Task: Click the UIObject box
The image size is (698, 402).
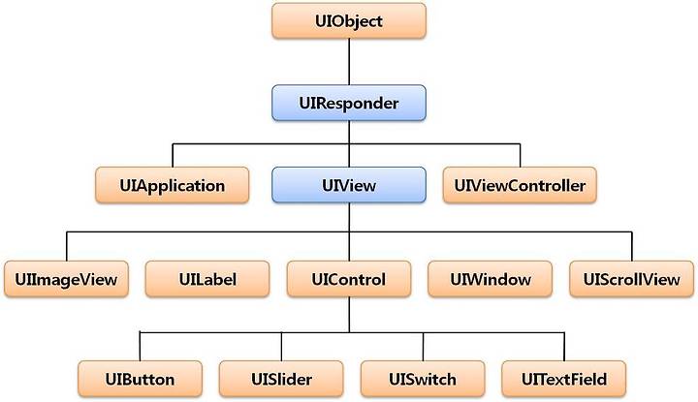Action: (349, 21)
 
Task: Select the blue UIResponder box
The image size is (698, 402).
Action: (349, 104)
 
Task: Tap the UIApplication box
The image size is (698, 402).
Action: (173, 185)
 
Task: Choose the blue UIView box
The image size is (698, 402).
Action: (349, 185)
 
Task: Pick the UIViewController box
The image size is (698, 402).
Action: (520, 185)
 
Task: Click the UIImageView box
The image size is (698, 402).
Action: (66, 279)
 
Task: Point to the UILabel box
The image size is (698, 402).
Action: (207, 279)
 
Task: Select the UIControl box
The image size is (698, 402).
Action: (349, 279)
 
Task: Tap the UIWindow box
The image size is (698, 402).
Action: (491, 279)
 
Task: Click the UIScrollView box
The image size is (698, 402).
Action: (632, 279)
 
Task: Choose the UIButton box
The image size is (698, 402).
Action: (140, 380)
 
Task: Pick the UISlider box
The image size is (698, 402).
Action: (281, 380)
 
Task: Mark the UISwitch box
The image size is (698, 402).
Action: (423, 380)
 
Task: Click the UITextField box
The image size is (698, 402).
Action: (564, 380)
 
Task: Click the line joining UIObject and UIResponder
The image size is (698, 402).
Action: (349, 62)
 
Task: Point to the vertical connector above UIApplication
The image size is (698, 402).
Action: (173, 155)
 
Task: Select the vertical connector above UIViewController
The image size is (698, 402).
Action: (520, 155)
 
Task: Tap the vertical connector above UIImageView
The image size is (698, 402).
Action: (67, 246)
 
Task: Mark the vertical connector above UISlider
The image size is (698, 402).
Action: (281, 347)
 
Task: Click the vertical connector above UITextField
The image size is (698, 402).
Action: (564, 347)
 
